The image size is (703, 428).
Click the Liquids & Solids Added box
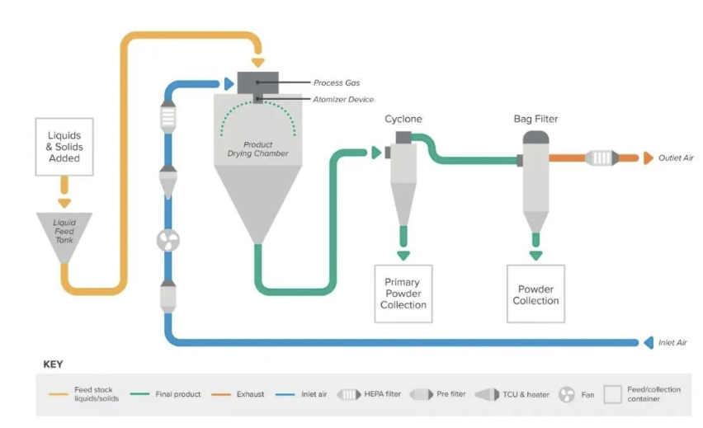point(64,147)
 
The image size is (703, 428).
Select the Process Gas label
point(337,83)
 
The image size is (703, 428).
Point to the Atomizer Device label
point(343,100)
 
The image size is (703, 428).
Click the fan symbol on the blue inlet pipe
point(168,240)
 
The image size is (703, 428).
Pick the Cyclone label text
point(403,120)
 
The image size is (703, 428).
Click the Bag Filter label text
point(536,120)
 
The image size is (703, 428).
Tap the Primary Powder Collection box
point(403,294)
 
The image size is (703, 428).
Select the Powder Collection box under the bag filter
point(536,294)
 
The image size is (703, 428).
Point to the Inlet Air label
point(672,342)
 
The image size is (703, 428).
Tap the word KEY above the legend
point(53,364)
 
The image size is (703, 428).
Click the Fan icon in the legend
point(567,394)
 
